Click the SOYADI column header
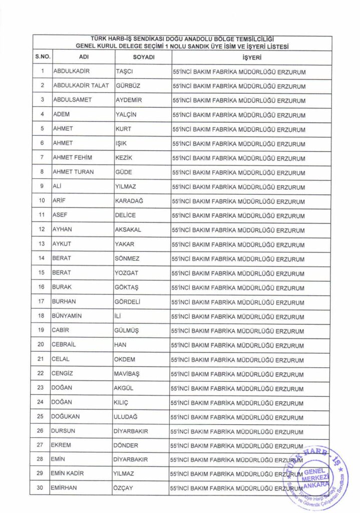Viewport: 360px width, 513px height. click(x=143, y=58)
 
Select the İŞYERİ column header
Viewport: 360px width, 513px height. click(x=250, y=58)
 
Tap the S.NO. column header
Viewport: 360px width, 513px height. click(x=42, y=58)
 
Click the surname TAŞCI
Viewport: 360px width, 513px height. click(x=124, y=72)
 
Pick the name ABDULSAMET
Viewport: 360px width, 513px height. click(x=73, y=100)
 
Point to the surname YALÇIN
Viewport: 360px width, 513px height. click(x=126, y=115)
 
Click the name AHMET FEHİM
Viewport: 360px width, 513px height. click(x=73, y=158)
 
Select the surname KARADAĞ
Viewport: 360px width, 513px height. click(x=130, y=201)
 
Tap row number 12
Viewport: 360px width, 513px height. click(x=42, y=230)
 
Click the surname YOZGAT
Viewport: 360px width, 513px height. click(x=127, y=273)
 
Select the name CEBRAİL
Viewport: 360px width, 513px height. click(x=65, y=345)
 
